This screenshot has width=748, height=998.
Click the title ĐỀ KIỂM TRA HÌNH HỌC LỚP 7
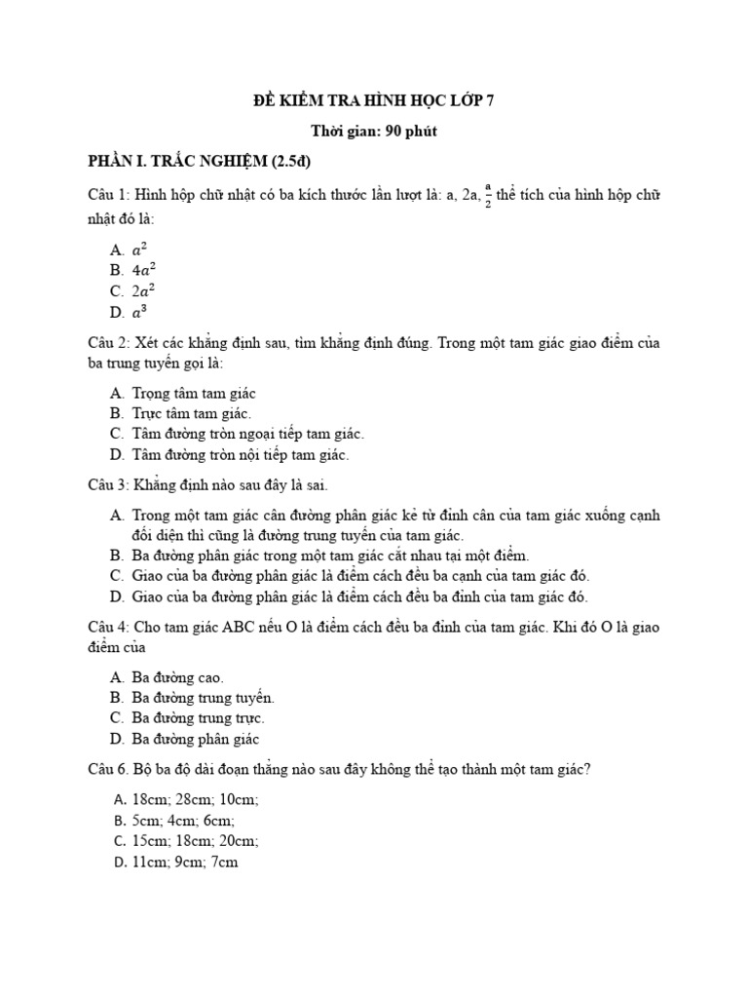point(374,100)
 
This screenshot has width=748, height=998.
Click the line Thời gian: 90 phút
point(374,131)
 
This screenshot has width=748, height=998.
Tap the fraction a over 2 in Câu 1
point(488,196)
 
